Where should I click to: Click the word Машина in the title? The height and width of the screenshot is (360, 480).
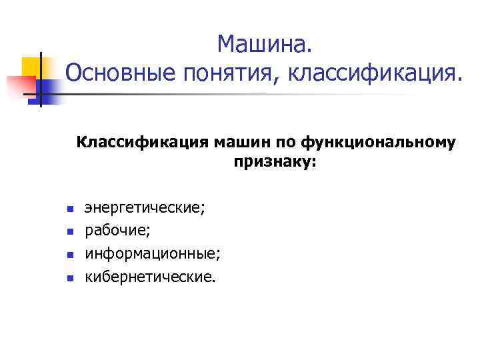pos(262,45)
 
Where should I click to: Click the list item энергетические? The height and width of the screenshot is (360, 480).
pos(145,209)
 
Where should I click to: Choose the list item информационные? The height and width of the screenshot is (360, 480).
pos(152,253)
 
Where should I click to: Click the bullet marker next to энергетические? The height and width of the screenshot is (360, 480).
pos(69,210)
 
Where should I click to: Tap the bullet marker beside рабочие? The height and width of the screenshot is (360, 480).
pos(69,232)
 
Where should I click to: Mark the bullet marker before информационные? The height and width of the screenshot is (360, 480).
pos(69,255)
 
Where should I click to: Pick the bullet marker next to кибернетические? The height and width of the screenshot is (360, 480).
pos(69,277)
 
